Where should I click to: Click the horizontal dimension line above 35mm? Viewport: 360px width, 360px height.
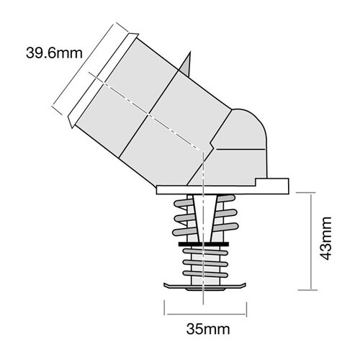click(x=204, y=312)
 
